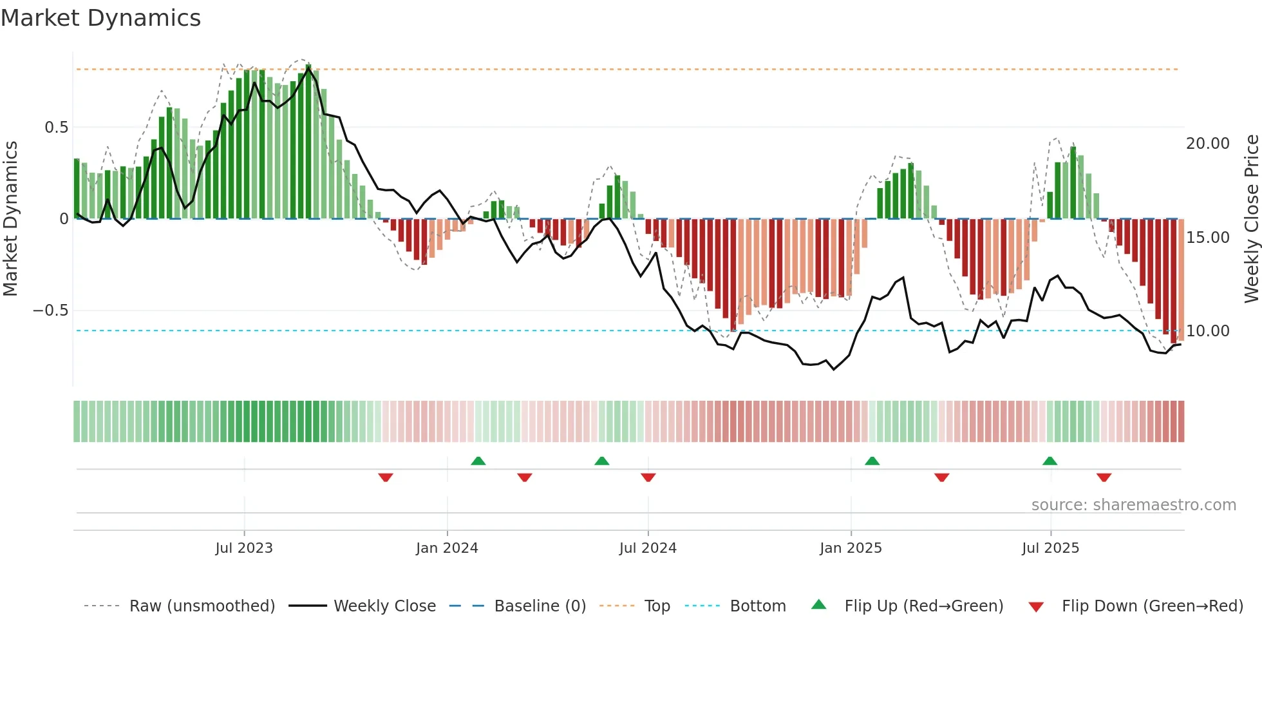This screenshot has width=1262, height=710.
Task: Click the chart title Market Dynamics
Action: [x=100, y=18]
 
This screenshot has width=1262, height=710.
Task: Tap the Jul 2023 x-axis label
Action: [x=244, y=548]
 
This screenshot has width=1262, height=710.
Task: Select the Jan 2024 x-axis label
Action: [x=447, y=548]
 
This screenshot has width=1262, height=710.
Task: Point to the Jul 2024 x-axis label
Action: [x=648, y=548]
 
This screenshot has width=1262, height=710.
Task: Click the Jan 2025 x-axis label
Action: [x=851, y=548]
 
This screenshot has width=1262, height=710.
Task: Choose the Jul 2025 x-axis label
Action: [x=1050, y=548]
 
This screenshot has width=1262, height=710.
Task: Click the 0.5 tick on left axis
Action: [x=57, y=128]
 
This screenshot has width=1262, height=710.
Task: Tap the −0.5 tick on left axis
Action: [x=51, y=311]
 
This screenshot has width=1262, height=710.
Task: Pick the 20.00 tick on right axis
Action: [x=1208, y=144]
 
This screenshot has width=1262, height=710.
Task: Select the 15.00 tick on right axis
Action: [x=1208, y=238]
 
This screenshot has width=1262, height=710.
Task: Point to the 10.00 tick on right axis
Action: [x=1208, y=331]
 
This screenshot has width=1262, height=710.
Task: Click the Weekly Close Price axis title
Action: [x=1251, y=218]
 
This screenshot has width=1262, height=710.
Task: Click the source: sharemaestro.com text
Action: [x=1133, y=505]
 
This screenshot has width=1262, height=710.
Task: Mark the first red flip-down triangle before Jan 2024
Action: [x=386, y=477]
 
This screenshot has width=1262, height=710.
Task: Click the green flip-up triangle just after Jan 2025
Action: [x=872, y=461]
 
